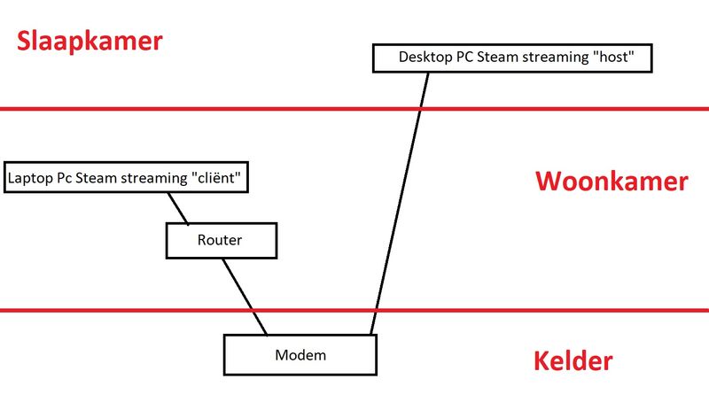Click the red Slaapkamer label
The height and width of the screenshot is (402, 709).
tap(90, 42)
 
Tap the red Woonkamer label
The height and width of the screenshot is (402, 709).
tap(612, 182)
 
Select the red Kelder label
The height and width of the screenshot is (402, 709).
tap(573, 361)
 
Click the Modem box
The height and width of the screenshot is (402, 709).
tap(300, 354)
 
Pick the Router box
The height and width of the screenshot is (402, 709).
tap(222, 240)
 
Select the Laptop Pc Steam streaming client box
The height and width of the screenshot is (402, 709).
tap(125, 177)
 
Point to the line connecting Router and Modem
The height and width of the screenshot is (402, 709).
tap(244, 296)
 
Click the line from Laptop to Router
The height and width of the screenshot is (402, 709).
tap(179, 207)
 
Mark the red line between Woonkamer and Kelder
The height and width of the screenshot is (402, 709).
tap(532, 310)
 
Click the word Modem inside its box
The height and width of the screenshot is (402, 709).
tap(300, 355)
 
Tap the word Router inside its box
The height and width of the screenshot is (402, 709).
tap(220, 240)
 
